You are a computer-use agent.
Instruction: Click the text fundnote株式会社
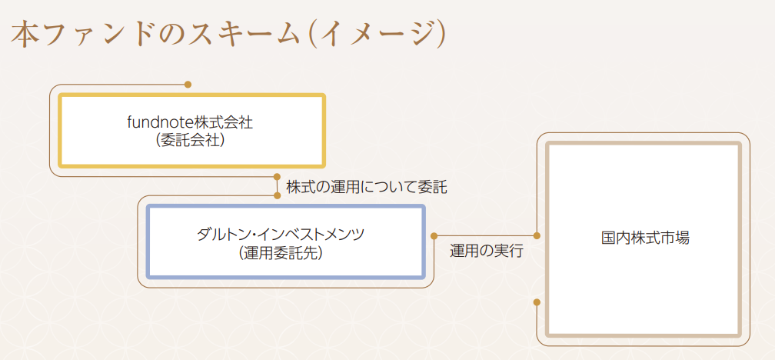(x=191, y=122)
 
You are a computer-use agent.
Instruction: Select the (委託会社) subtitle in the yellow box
(x=191, y=141)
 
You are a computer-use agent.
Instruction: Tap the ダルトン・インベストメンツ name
(x=281, y=234)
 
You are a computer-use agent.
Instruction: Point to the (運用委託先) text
(x=281, y=252)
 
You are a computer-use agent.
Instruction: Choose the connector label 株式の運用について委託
(x=366, y=188)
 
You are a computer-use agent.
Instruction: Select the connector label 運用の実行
(x=487, y=252)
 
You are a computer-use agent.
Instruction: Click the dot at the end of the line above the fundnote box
(x=188, y=85)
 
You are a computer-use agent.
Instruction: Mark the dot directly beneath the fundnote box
(x=277, y=176)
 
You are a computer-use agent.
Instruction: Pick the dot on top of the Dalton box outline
(x=277, y=195)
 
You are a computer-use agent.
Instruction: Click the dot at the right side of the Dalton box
(x=434, y=236)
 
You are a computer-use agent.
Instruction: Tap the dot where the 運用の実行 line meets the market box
(x=537, y=236)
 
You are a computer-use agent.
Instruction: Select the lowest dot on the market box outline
(x=537, y=302)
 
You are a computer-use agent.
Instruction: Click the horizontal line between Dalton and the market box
(x=485, y=236)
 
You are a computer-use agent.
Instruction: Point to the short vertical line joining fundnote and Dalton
(x=277, y=186)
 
